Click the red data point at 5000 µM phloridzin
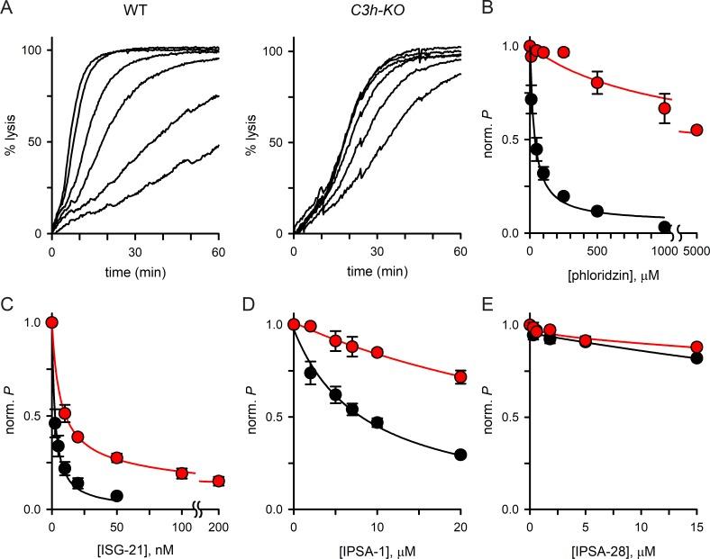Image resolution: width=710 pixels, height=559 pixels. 696,131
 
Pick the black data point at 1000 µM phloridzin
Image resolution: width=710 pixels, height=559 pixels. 665,227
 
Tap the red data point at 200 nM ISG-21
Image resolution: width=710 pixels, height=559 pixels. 219,482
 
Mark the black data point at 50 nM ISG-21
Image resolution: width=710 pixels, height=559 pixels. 116,496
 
